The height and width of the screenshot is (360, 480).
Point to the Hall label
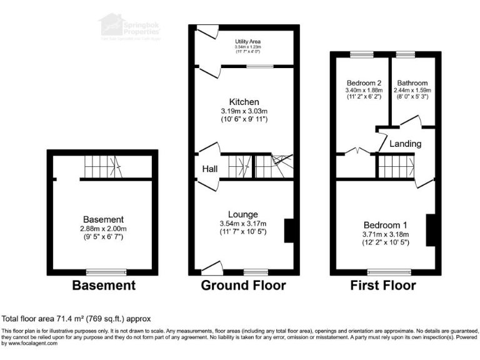pyautogui.click(x=209, y=169)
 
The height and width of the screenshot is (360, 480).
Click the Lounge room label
pyautogui.click(x=243, y=214)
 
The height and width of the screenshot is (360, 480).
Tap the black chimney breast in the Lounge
pyautogui.click(x=289, y=230)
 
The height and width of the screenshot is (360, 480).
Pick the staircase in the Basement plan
pyautogui.click(x=101, y=167)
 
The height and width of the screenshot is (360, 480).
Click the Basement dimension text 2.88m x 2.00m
pyautogui.click(x=104, y=229)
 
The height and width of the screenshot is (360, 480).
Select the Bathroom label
pyautogui.click(x=412, y=83)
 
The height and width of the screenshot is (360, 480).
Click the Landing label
pyautogui.click(x=406, y=144)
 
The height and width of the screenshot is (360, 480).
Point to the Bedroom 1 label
pyautogui.click(x=386, y=225)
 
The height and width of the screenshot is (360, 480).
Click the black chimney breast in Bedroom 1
pyautogui.click(x=430, y=231)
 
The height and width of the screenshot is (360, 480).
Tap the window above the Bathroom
pyautogui.click(x=406, y=54)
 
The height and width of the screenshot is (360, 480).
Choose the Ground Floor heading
pyautogui.click(x=243, y=286)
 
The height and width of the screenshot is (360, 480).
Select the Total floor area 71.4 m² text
pyautogui.click(x=76, y=319)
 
